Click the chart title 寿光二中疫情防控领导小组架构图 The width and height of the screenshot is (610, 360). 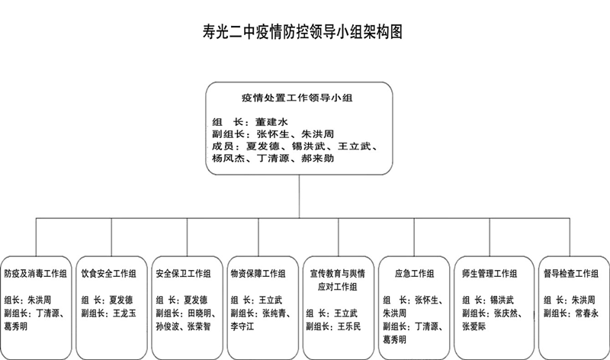pos(302,31)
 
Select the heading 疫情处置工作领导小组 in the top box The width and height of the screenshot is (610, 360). pos(297,98)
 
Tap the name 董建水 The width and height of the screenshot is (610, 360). pos(271,122)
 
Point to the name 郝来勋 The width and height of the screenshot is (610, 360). pos(317,159)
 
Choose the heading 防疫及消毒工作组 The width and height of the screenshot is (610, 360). pos(35,274)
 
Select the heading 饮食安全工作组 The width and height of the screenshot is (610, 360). pos(108,274)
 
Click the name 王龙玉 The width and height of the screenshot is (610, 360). pos(124,313)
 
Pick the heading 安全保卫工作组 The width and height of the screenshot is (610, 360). pos(183,274)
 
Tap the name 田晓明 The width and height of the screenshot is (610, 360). pos(199,313)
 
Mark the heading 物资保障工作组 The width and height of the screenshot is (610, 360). pos(258,274)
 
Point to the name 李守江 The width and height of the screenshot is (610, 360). pos(242,326)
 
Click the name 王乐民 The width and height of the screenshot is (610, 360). pos(349,326)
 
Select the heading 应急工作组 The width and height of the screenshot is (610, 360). pos(414,274)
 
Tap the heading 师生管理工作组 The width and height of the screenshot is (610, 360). pos(490,274)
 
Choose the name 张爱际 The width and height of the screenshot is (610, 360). pos(474,326)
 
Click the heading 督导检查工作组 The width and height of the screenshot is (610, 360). pos(570,274)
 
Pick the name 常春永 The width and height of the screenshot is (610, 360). pos(586,313)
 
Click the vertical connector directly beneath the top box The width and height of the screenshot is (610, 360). pos(299,196)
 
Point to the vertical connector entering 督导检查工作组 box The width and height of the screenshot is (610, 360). pos(570,237)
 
